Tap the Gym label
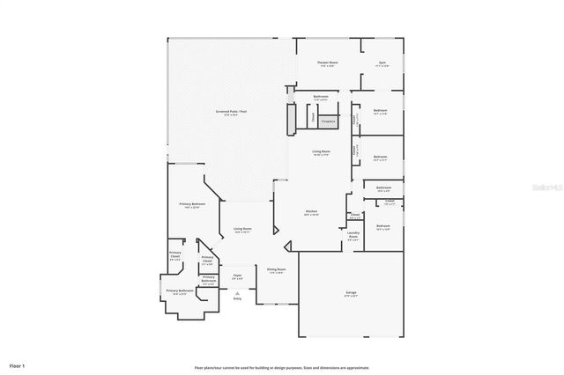pyautogui.click(x=382, y=63)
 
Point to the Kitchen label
pyautogui.click(x=311, y=212)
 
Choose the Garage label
pyautogui.click(x=351, y=293)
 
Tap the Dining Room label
pyautogui.click(x=276, y=270)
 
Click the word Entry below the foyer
pyautogui.click(x=237, y=299)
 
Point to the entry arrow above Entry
pyautogui.click(x=237, y=292)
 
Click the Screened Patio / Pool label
pyautogui.click(x=231, y=112)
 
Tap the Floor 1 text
pyautogui.click(x=17, y=364)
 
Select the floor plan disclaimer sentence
pyautogui.click(x=282, y=367)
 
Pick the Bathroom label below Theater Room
pyautogui.click(x=321, y=97)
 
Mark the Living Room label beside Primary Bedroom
pyautogui.click(x=242, y=231)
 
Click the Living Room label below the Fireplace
pyautogui.click(x=321, y=152)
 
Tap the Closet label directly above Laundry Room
pyautogui.click(x=354, y=216)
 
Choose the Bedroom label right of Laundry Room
pyautogui.click(x=382, y=227)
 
